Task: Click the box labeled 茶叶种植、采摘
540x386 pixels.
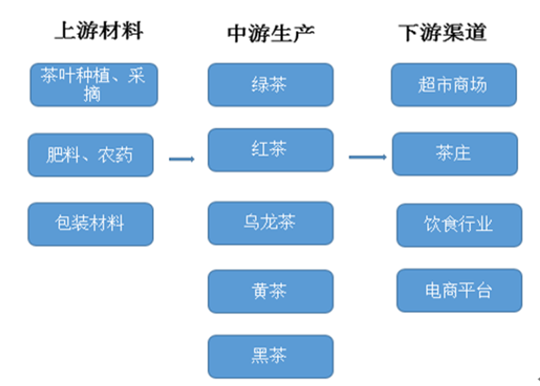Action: (93, 85)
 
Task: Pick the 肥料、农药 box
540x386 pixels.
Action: (90, 155)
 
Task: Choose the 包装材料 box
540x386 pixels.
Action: (90, 224)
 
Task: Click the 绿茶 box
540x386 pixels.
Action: (270, 85)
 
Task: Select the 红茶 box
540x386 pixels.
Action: (270, 150)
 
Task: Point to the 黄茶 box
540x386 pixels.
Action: (270, 291)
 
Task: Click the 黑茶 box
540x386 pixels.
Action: (270, 356)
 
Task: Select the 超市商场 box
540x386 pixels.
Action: (453, 85)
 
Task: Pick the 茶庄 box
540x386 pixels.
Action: (455, 154)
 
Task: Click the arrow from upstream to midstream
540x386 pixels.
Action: (181, 159)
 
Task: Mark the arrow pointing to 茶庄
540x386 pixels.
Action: (367, 157)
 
